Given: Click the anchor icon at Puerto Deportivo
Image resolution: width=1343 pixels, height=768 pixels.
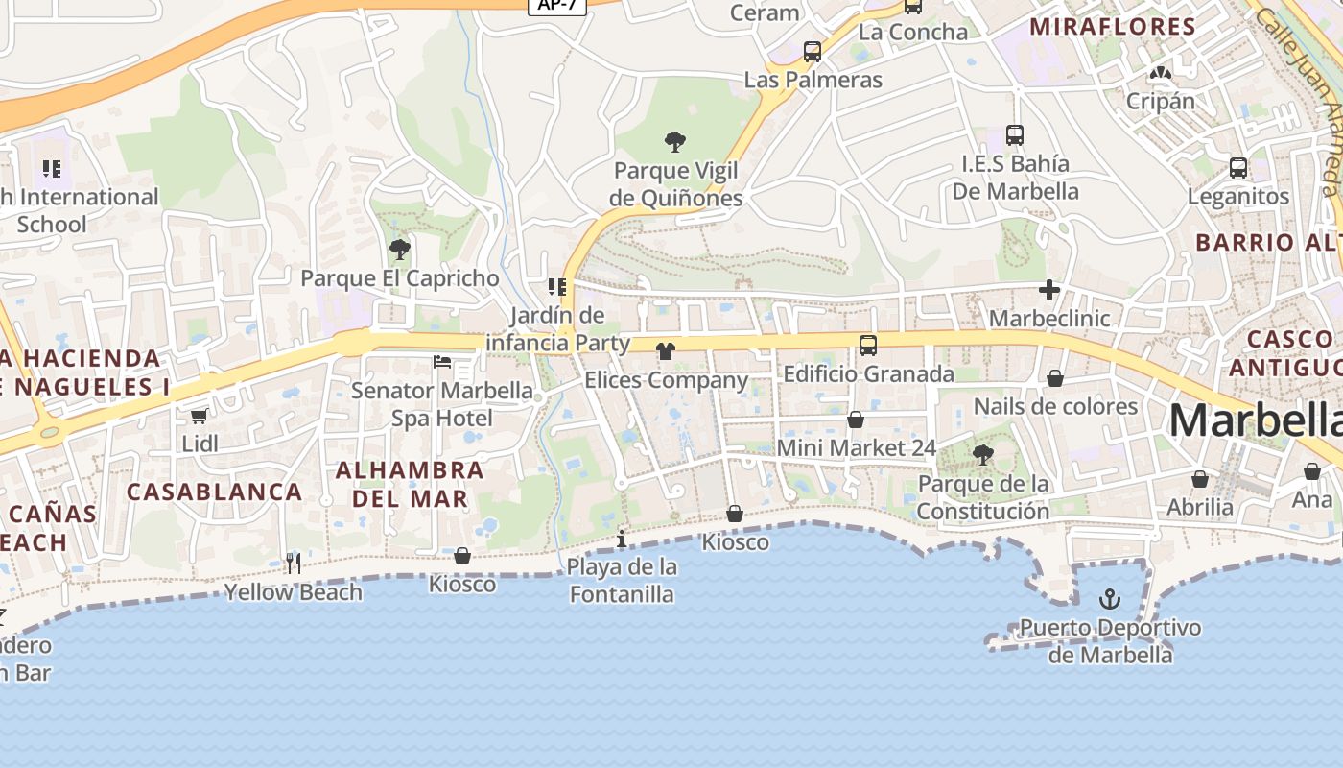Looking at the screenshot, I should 1109,600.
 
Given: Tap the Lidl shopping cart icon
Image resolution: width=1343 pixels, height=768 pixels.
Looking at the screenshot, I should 200,416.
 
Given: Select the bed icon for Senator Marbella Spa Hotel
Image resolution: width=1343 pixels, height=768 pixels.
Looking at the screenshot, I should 442,362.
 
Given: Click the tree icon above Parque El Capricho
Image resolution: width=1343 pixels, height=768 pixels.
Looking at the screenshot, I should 400,250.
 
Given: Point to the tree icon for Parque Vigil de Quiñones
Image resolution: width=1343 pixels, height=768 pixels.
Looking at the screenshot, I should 675,142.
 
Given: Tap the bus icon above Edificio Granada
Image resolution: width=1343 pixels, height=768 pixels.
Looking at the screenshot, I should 868,346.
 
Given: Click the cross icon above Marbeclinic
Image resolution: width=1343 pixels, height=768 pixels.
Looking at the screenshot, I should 1049,289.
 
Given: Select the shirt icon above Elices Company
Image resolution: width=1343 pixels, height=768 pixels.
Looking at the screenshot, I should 666,351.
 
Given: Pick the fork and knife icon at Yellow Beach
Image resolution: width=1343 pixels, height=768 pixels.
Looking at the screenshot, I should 294,564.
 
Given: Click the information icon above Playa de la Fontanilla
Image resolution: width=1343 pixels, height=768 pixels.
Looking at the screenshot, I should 622,539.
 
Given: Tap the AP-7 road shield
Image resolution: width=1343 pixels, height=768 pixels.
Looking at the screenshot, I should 557,5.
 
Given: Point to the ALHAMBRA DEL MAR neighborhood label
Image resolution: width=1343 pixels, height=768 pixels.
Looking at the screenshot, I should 410,484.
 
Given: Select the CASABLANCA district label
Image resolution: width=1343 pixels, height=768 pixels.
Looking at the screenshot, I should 215,492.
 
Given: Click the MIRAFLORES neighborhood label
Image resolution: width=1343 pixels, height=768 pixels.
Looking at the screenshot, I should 1113,27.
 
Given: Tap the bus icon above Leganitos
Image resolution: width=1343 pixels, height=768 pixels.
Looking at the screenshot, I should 1238,168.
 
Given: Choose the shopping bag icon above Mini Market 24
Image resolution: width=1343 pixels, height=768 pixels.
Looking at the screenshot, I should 856,420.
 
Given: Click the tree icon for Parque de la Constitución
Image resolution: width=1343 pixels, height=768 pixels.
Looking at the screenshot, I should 982,454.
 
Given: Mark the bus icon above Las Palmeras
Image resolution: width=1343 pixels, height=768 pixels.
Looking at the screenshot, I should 813,52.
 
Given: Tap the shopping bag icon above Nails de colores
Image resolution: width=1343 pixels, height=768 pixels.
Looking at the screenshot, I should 1055,378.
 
